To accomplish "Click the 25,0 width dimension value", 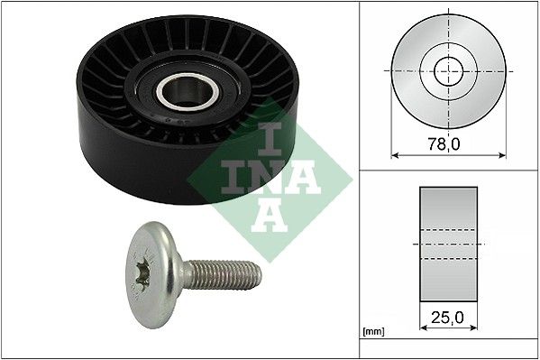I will tap(446, 318).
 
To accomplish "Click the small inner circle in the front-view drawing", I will tap(447, 69).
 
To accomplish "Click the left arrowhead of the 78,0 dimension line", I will tap(394, 154).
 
